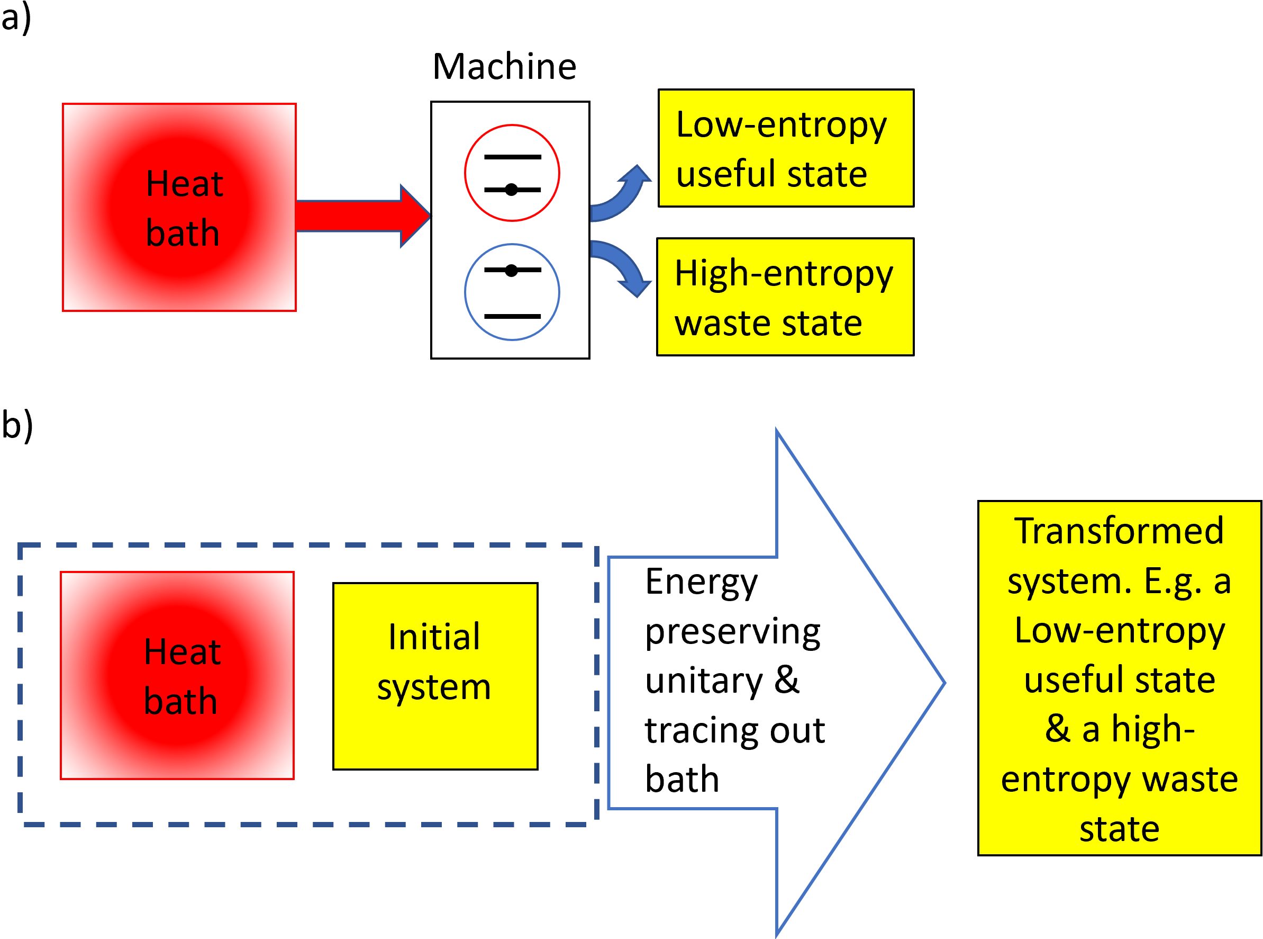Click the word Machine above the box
[504, 67]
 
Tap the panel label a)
[16, 18]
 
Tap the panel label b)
[17, 425]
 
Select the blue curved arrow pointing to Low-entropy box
[620, 193]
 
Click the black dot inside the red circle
[512, 190]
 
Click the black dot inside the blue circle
[512, 271]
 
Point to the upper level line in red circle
[512, 157]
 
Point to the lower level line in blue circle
[512, 317]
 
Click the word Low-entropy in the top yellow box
[782, 126]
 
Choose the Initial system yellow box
[435, 676]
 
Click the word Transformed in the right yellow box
[1119, 531]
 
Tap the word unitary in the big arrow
[704, 681]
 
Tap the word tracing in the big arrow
[702, 730]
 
